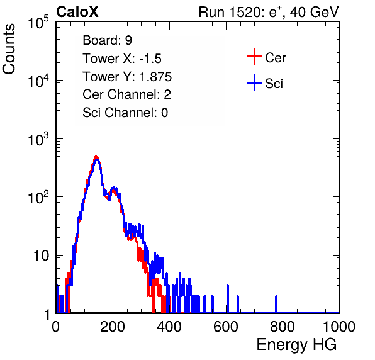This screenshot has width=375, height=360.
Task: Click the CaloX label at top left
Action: pyautogui.click(x=77, y=12)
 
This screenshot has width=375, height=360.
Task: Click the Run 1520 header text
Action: pyautogui.click(x=269, y=13)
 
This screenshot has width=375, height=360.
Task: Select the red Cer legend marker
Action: pyautogui.click(x=254, y=57)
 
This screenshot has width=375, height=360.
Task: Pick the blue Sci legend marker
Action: pyautogui.click(x=254, y=82)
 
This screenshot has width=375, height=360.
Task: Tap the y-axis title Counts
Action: pyautogui.click(x=9, y=49)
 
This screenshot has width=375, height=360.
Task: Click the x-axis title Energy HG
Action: pyautogui.click(x=296, y=345)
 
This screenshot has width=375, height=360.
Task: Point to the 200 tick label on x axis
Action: pyautogui.click(x=113, y=327)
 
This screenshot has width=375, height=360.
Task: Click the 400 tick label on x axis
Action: pyautogui.click(x=169, y=327)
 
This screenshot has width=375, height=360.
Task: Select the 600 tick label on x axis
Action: pyautogui.click(x=226, y=327)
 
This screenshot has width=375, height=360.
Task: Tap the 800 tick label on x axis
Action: pyautogui.click(x=283, y=327)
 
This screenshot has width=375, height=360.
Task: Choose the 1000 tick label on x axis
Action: pyautogui.click(x=339, y=327)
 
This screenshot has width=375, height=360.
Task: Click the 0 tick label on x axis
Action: pyautogui.click(x=56, y=327)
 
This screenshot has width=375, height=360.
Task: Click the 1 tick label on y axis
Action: pyautogui.click(x=47, y=314)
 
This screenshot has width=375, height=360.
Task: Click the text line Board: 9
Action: pyautogui.click(x=107, y=40)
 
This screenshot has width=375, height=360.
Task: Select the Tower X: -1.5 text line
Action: pyautogui.click(x=122, y=59)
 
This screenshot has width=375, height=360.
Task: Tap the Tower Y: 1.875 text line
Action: pyautogui.click(x=127, y=77)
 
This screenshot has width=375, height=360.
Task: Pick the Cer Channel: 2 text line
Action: pyautogui.click(x=126, y=94)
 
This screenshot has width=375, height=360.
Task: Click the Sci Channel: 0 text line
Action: pyautogui.click(x=125, y=113)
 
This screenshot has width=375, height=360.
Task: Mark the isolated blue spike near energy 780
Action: pyautogui.click(x=276, y=304)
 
